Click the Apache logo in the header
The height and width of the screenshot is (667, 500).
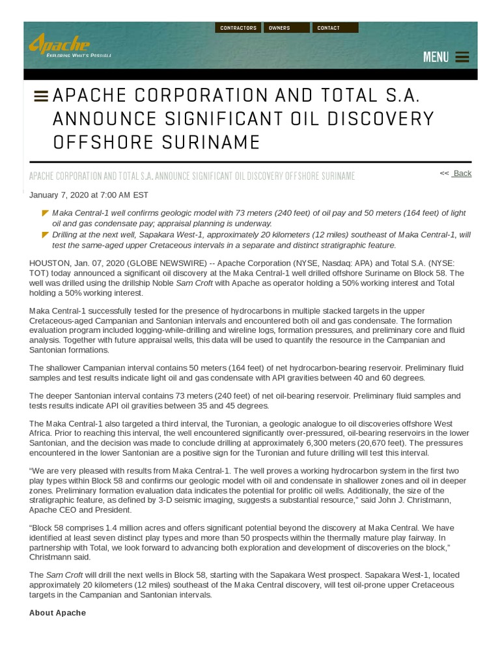(60, 44)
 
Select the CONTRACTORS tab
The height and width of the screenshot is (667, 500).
(238, 28)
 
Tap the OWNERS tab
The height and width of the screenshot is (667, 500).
(286, 28)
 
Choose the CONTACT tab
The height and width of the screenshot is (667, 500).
(335, 28)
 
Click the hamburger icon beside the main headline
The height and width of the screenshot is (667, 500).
(41, 96)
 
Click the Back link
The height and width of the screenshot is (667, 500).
(462, 173)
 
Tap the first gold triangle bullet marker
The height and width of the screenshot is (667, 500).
(45, 213)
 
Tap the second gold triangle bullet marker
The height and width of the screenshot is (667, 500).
(45, 234)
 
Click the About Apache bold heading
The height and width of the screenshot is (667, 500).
(57, 613)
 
